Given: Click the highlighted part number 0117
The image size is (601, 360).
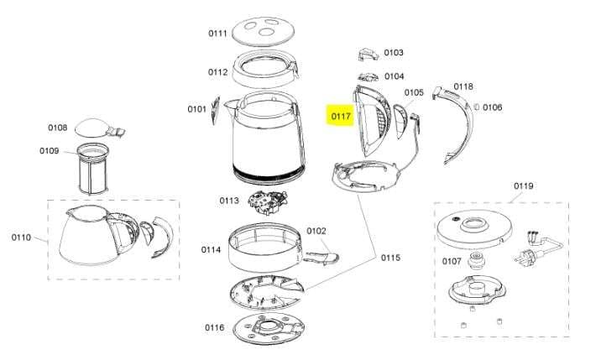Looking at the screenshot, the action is [341, 116].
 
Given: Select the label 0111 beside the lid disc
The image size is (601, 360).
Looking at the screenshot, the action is [217, 34].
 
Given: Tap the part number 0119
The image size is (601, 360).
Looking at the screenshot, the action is [524, 186].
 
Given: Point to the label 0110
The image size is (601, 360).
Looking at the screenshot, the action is [21, 237].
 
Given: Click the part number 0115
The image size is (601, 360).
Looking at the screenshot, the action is [390, 258].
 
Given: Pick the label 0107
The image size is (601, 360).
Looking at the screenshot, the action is [452, 262].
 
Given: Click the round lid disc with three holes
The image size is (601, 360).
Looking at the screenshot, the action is [264, 31].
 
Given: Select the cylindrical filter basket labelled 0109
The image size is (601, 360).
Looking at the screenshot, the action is [93, 169].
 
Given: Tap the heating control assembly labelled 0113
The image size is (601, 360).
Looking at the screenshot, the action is [268, 202].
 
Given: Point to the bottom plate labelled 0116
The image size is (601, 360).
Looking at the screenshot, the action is [269, 328].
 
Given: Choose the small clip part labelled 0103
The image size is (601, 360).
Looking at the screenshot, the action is [368, 54].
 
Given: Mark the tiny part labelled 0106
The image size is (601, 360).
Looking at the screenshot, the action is [477, 107].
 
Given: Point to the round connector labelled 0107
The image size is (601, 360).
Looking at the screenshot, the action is [477, 261].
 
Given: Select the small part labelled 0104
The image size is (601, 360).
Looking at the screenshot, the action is [368, 77].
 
